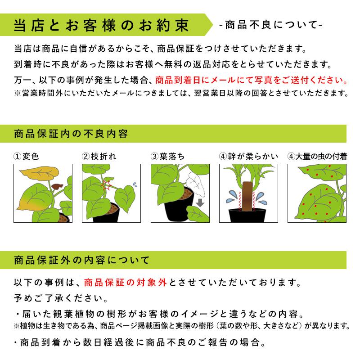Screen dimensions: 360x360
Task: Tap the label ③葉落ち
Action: click(168, 157)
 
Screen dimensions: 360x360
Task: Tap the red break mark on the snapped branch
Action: click(108, 184)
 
